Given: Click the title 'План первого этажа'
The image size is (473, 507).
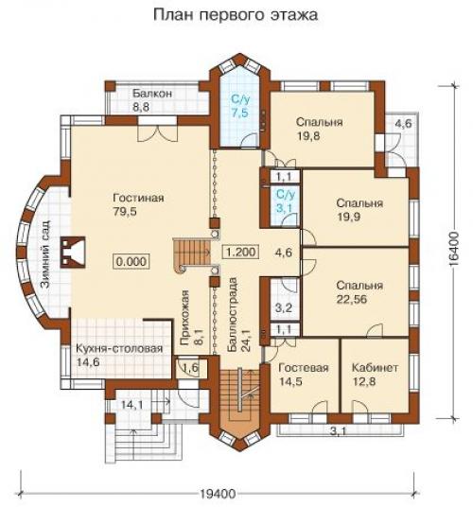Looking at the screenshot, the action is click(x=235, y=15).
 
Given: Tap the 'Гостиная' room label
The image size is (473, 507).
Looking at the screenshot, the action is click(x=138, y=198).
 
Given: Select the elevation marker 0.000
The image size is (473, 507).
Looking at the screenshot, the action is click(x=131, y=261).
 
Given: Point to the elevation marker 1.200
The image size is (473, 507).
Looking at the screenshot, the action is click(x=241, y=252).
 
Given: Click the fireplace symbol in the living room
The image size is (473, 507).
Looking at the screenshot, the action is click(x=73, y=252).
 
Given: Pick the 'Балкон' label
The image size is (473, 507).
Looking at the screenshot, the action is click(x=152, y=94).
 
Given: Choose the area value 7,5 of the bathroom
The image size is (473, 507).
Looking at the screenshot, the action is click(x=239, y=114).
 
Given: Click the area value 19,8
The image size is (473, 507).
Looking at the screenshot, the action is click(x=308, y=136).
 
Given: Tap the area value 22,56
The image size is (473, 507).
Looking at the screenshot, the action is click(x=352, y=300).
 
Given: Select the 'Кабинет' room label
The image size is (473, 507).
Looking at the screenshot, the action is click(x=375, y=368).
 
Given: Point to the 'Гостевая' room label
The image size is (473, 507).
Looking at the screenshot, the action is click(x=304, y=368).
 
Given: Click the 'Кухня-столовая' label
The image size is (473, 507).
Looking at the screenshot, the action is click(x=119, y=349).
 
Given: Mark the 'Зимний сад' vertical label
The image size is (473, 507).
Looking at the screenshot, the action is click(x=45, y=254).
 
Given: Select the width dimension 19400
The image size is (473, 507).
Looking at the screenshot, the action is click(x=218, y=494).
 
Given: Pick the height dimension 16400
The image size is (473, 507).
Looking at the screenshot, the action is click(x=453, y=249).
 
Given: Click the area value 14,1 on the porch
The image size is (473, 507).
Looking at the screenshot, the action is click(x=131, y=405).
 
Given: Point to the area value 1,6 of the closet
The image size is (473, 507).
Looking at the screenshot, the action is click(x=190, y=368).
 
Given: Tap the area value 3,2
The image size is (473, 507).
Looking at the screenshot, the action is click(x=284, y=307).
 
